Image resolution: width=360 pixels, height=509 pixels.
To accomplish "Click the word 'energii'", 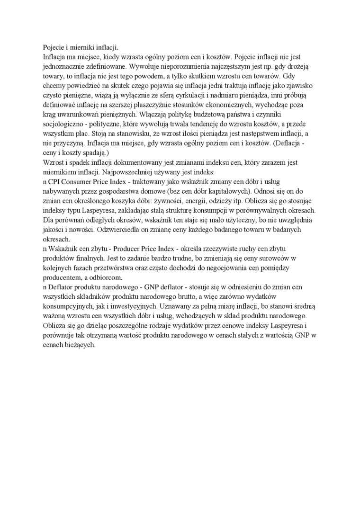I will (193, 201).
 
